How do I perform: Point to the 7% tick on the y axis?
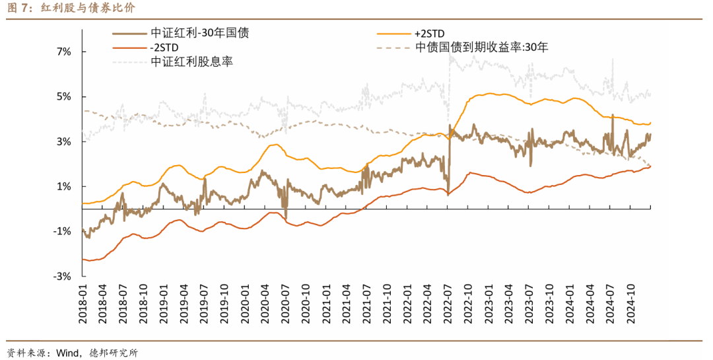[x=62, y=52]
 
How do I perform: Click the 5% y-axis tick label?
[x=62, y=96]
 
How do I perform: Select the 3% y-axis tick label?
[x=62, y=141]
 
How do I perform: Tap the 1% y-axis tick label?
[x=62, y=186]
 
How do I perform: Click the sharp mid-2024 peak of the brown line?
[x=613, y=115]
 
